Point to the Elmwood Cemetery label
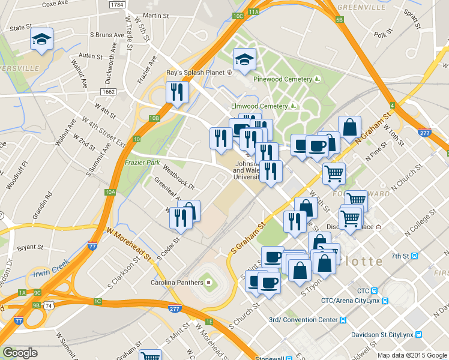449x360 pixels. click(260, 106)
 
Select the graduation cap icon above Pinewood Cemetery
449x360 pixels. click(244, 60)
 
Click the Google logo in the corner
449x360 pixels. click(19, 353)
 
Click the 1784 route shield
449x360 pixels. click(118, 5)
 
